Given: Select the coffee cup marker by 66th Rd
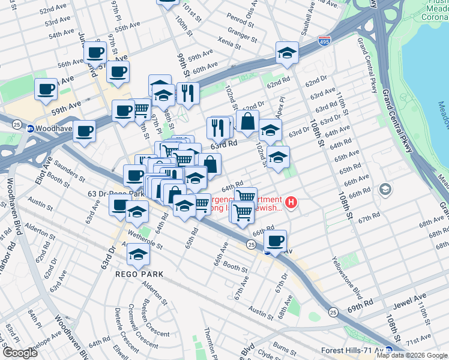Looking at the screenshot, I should click(x=276, y=241).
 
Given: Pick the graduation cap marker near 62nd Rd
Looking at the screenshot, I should click(x=287, y=53).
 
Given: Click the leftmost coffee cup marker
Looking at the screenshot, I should click(x=46, y=89).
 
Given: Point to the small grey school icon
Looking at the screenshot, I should click(x=385, y=190).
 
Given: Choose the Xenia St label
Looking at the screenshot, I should click(x=230, y=45).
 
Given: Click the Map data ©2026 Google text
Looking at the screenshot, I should click(x=412, y=355).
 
